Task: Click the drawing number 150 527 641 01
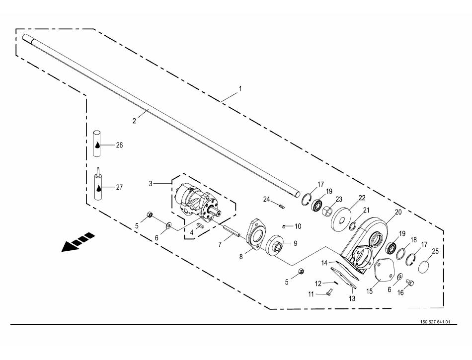[x=435, y=322]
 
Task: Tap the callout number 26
[x=120, y=145]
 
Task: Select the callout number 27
[x=120, y=187]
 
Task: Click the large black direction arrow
[x=78, y=242]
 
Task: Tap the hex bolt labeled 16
[x=410, y=283]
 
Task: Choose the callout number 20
[x=398, y=213]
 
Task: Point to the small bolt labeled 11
[x=329, y=291]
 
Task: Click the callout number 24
[x=266, y=200]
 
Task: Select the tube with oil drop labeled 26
[x=97, y=144]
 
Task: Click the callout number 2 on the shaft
[x=134, y=121]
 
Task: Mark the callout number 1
[x=240, y=89]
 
